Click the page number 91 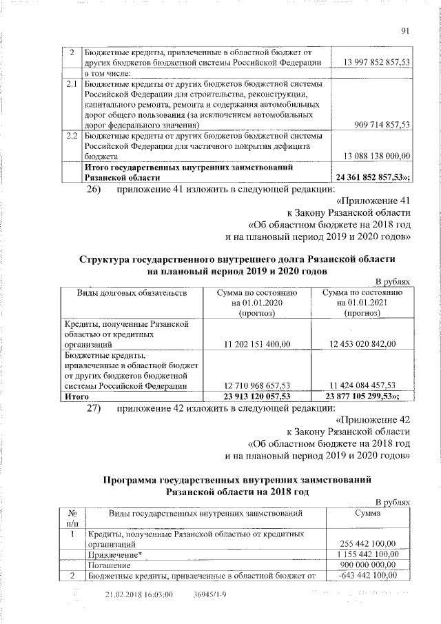[405, 28]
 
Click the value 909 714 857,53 [380, 125]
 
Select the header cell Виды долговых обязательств [129, 294]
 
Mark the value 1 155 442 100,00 [371, 554]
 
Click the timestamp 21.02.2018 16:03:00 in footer [139, 594]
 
